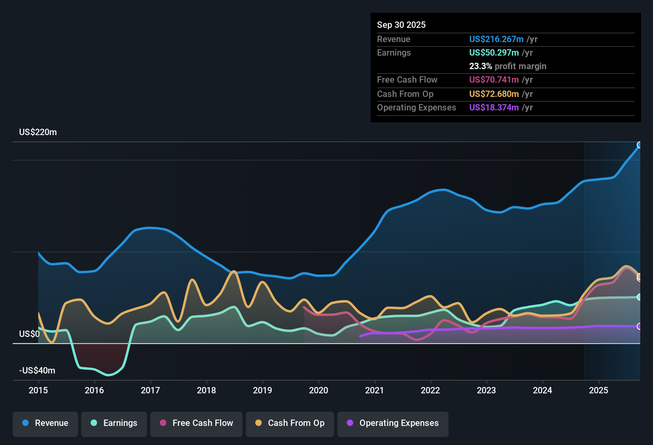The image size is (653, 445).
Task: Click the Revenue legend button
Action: tap(45, 423)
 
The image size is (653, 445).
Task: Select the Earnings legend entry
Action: tap(114, 423)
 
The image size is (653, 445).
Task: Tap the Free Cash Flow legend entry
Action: tap(196, 423)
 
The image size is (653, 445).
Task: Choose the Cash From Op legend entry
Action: tap(290, 423)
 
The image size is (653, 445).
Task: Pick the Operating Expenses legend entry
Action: tap(393, 423)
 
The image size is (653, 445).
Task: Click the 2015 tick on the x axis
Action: tap(38, 390)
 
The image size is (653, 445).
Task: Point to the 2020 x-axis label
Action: tap(319, 390)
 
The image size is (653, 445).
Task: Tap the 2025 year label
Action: tap(599, 390)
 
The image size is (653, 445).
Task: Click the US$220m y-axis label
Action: tap(38, 132)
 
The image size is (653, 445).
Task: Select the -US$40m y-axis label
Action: tap(37, 371)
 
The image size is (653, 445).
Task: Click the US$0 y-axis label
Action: tap(29, 334)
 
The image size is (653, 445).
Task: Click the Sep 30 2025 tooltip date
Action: tap(401, 25)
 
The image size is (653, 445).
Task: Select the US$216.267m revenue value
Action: tap(496, 39)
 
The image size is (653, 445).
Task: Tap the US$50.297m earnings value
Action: tap(494, 53)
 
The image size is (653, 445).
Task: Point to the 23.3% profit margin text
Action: tap(507, 66)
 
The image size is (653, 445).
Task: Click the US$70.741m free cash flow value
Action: tap(494, 80)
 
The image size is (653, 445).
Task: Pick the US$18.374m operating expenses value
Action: tap(494, 108)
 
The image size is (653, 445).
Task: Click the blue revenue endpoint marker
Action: tap(639, 145)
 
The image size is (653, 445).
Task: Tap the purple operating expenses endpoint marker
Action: tap(639, 326)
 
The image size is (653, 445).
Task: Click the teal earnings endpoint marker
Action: tap(639, 297)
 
